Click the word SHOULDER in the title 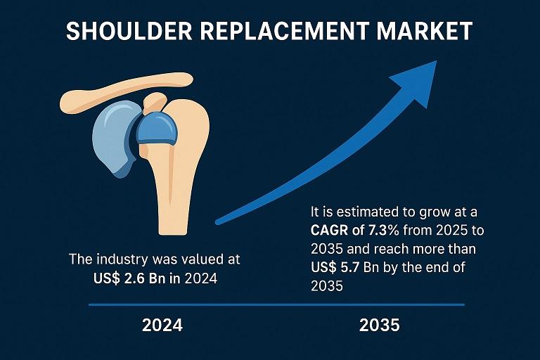(129, 31)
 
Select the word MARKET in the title (424, 31)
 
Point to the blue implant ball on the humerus (157, 128)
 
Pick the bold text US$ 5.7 (336, 267)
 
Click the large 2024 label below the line (162, 326)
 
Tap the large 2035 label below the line (379, 326)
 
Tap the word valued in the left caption (200, 259)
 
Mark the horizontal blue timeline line (276, 305)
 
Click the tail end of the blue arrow (218, 222)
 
